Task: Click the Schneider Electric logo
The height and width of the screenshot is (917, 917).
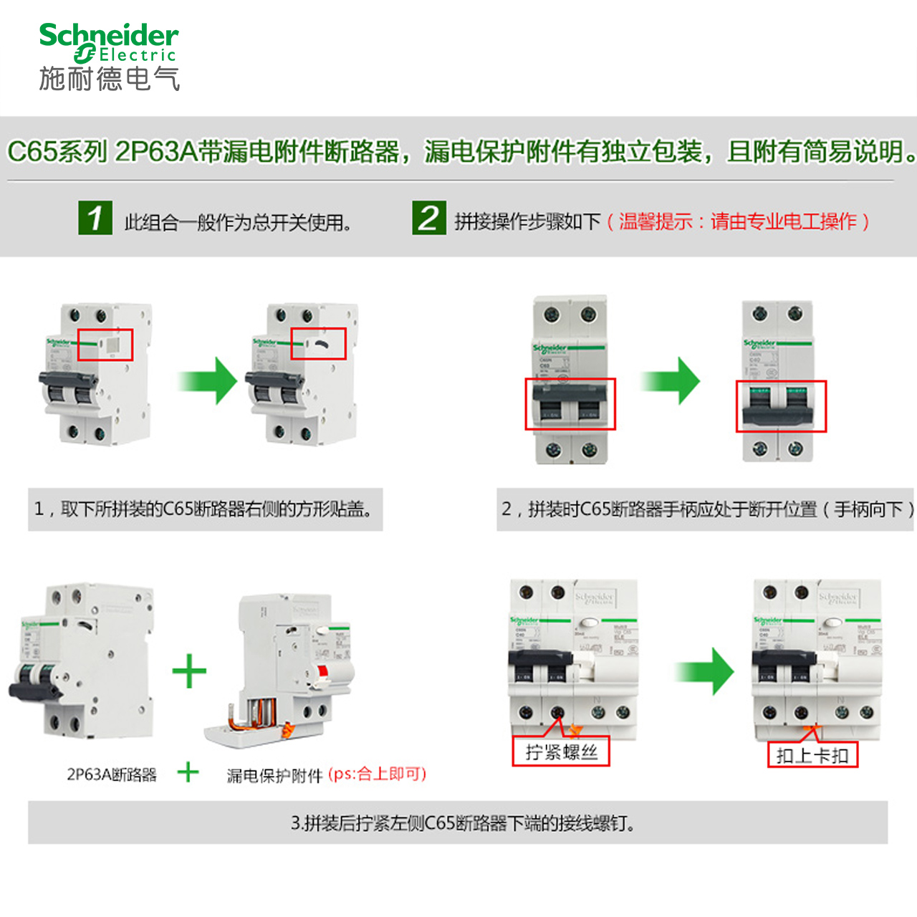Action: pos(109,56)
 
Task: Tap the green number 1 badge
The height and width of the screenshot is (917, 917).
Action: pos(95,218)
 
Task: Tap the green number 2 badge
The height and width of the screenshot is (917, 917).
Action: pos(428,218)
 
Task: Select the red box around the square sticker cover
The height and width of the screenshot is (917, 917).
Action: pos(105,345)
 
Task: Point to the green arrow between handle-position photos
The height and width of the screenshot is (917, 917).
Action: pos(671,380)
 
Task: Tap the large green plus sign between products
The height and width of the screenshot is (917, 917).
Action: pos(189,671)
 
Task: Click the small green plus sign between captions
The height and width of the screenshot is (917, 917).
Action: pos(188,772)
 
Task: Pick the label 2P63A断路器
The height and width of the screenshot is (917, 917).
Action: pos(112,774)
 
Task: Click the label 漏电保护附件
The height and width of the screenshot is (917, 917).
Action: pos(274,775)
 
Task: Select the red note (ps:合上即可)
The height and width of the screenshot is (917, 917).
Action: pos(377,774)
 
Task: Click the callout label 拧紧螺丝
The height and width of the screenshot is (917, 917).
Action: pos(561,752)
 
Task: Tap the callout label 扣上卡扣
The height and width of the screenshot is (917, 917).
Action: pos(812,755)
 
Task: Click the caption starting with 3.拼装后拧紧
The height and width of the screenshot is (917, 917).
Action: pos(463,823)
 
